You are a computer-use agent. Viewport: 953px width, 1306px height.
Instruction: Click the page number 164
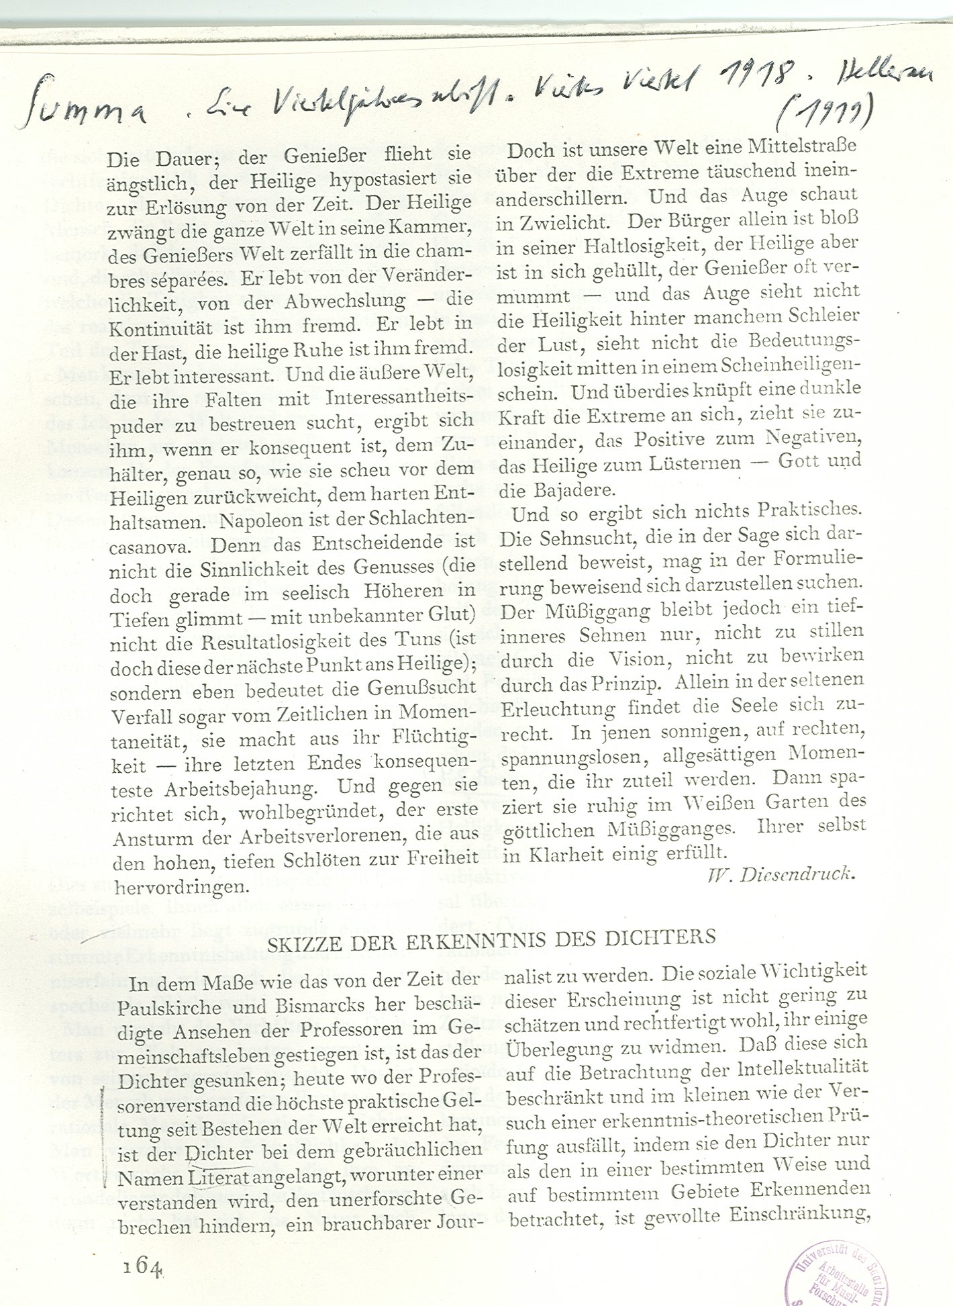[x=142, y=1266]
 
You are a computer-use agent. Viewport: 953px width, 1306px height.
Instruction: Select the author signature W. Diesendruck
[x=781, y=874]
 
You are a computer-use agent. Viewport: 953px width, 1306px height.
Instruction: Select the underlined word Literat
[x=221, y=1177]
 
